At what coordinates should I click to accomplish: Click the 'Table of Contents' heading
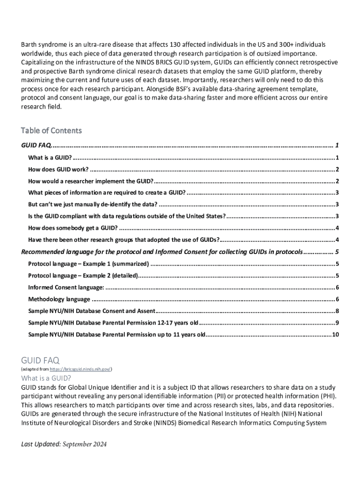click(x=51, y=131)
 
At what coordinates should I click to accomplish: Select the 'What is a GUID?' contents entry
click(x=50, y=157)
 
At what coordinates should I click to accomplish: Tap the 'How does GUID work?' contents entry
click(x=58, y=169)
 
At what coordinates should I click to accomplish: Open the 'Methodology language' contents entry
click(x=59, y=299)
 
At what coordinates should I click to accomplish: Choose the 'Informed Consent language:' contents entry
click(x=66, y=287)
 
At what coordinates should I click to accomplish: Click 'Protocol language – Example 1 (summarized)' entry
click(x=88, y=264)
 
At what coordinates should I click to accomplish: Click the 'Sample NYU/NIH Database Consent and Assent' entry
click(x=91, y=311)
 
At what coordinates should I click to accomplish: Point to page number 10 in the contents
click(x=335, y=335)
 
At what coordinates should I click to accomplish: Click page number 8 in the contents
click(x=337, y=311)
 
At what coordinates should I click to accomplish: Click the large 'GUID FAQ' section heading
click(x=40, y=360)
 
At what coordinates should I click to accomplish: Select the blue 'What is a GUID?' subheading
click(x=46, y=378)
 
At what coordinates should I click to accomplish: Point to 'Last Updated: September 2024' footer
click(x=64, y=444)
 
